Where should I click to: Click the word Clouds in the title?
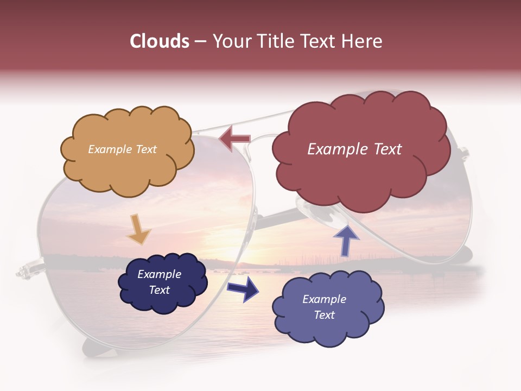click(160, 41)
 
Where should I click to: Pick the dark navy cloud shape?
click(163, 282)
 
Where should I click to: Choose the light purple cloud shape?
click(327, 307)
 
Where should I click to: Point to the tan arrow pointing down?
click(138, 228)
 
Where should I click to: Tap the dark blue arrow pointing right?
click(243, 289)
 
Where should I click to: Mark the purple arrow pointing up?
click(346, 241)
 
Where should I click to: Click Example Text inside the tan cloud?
click(122, 149)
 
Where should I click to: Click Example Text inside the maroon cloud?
click(354, 149)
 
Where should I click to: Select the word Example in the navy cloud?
click(159, 274)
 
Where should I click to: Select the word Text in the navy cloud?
click(160, 290)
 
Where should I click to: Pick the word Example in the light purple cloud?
click(324, 299)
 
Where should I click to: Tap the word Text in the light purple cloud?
click(325, 315)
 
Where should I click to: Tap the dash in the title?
click(200, 42)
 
